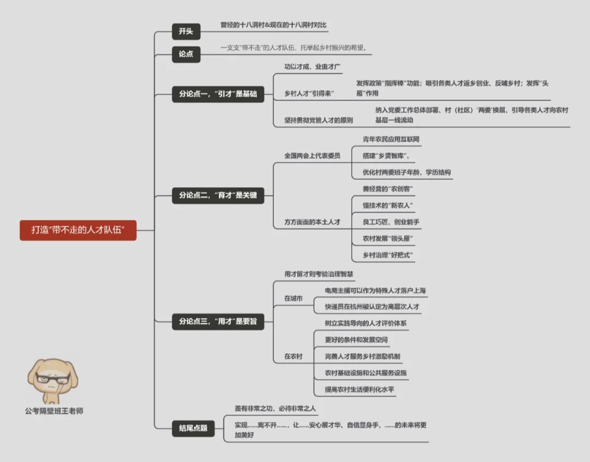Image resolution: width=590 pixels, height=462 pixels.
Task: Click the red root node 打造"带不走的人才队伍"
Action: tap(78, 230)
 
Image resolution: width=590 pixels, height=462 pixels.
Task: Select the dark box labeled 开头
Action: tap(185, 32)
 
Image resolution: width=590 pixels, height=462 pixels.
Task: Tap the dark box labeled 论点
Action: tap(185, 54)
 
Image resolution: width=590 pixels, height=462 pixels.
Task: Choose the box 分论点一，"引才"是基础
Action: tap(218, 94)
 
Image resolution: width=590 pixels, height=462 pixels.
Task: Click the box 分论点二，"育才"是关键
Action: tap(218, 195)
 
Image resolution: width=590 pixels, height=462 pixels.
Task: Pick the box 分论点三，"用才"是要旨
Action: tap(218, 321)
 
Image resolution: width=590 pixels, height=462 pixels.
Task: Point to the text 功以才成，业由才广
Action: tap(312, 67)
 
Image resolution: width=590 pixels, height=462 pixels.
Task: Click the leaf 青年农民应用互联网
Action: tap(391, 139)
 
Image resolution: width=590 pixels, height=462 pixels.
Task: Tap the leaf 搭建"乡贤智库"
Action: tap(386, 156)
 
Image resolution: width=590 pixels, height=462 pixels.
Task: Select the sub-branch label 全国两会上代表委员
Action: tap(312, 156)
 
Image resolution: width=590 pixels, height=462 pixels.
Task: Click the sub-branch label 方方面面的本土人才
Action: tap(312, 222)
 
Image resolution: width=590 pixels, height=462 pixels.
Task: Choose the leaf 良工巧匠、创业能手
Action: tap(391, 222)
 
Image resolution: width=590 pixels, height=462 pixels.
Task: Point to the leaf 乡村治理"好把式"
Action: tap(388, 255)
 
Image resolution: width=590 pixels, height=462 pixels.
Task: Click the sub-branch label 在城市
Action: tap(293, 299)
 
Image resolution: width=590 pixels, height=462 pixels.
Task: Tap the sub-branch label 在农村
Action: tap(293, 356)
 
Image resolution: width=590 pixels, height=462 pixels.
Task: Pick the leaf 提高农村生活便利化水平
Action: tap(359, 390)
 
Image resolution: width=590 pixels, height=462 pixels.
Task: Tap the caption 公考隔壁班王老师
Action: tap(54, 411)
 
